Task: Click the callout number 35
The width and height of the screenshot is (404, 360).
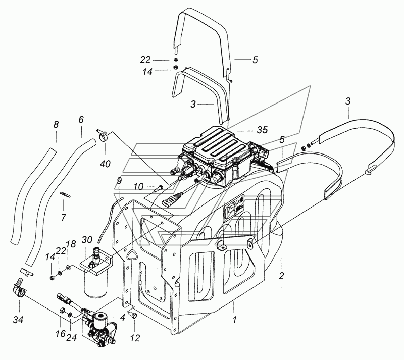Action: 262,130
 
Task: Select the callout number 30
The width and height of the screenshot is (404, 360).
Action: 87,240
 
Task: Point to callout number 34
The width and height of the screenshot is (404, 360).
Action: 18,320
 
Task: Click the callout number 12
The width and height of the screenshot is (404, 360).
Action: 135,338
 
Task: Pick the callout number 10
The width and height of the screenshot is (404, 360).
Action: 138,186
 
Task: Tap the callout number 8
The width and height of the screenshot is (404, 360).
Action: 56,125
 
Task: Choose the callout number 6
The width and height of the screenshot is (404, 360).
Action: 81,120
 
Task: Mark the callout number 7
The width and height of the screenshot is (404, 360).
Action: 64,217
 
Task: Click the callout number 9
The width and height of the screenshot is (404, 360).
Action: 119,181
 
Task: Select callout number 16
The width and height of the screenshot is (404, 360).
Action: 61,334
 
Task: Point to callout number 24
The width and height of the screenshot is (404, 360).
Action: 71,337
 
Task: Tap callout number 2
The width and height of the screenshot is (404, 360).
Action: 281,276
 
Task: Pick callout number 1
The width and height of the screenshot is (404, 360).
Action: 234,320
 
